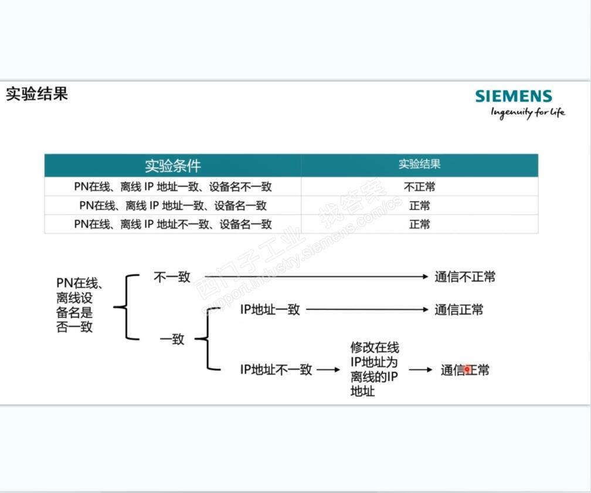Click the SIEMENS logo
513,97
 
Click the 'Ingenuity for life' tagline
528,113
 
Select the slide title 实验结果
37,94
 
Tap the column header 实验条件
173,165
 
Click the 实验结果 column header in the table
419,164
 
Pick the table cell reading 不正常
419,188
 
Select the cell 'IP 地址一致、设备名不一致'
173,188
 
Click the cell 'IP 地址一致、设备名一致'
173,206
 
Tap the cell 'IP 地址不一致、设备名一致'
173,224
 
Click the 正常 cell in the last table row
419,224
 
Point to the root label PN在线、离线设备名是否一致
79,305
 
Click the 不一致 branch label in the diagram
172,277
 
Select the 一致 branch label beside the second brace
172,339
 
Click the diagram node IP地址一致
270,310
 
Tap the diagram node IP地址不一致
276,370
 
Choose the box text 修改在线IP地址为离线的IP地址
374,369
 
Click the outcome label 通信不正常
465,277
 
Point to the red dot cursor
467,370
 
